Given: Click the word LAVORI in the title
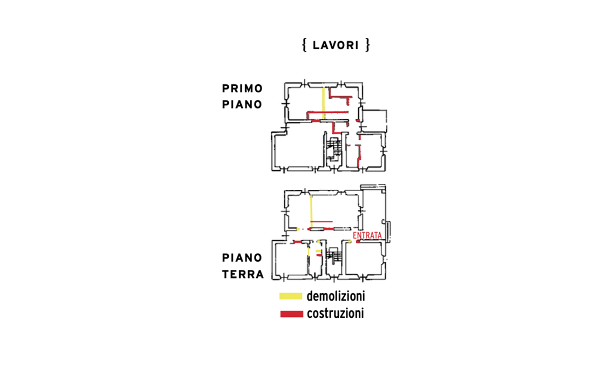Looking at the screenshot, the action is click(x=336, y=45).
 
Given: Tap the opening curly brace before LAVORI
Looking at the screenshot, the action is click(x=304, y=45).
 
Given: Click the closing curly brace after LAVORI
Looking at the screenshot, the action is click(x=367, y=45).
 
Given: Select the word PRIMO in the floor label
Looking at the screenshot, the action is click(x=242, y=89).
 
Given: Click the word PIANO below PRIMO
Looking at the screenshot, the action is click(x=242, y=105).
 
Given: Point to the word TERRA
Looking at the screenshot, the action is click(x=243, y=274).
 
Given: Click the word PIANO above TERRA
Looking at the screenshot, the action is click(x=242, y=258).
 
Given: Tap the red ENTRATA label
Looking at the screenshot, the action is click(x=367, y=235).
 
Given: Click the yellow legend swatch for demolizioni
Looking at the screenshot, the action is click(x=291, y=296).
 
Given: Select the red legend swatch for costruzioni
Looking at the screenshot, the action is click(x=292, y=314).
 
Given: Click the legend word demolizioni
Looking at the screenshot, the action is click(x=336, y=296).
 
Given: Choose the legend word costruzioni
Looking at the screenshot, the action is click(x=336, y=314).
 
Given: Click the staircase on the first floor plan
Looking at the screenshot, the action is click(x=334, y=149).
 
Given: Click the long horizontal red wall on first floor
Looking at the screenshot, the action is click(x=327, y=113).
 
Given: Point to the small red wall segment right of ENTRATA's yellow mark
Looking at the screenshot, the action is click(x=358, y=241).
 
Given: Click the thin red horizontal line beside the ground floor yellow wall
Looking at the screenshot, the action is click(x=322, y=222).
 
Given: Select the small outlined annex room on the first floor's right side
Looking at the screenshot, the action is click(x=374, y=121).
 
